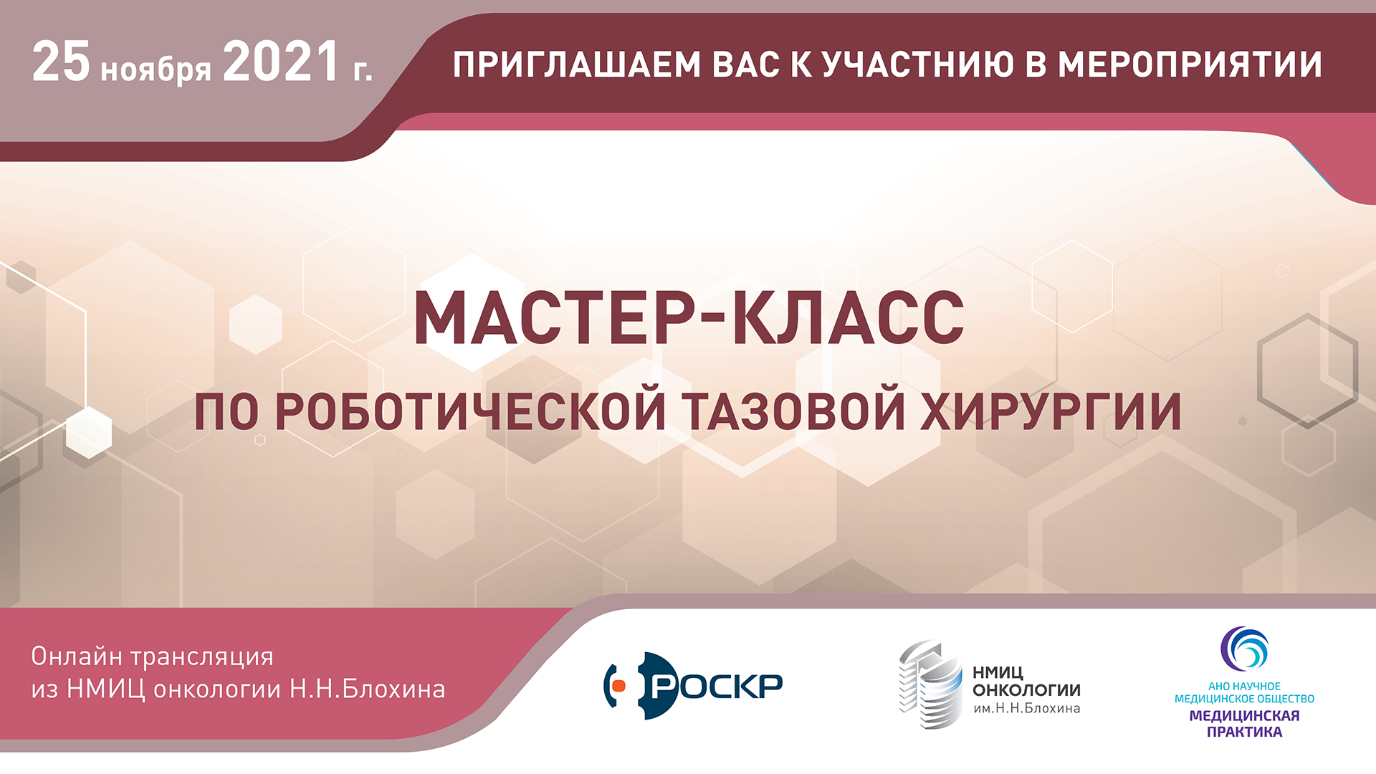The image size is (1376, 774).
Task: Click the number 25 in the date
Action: click(61, 62)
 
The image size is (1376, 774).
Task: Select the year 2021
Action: click(281, 62)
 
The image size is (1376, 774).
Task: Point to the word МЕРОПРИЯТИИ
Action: click(1190, 64)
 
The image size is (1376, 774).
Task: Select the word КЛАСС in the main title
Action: click(848, 318)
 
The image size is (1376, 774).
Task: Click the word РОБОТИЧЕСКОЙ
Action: click(470, 411)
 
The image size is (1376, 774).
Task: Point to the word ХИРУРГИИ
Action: click(1051, 411)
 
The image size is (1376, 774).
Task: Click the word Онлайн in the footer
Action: click(77, 656)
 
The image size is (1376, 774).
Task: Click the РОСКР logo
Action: click(693, 686)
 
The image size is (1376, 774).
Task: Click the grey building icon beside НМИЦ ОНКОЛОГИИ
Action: click(931, 684)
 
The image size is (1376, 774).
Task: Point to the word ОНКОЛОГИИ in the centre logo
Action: click(1026, 690)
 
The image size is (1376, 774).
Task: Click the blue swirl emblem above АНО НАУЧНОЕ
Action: click(1244, 649)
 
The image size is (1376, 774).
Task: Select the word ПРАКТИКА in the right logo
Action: click(1245, 732)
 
